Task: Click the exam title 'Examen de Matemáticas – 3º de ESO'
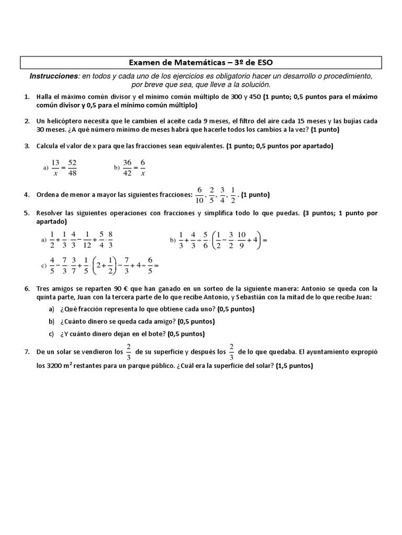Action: (x=201, y=63)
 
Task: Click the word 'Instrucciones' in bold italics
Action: (x=53, y=76)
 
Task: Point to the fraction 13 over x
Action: (x=55, y=167)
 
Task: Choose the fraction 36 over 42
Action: (x=127, y=167)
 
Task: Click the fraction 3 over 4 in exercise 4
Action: (x=222, y=195)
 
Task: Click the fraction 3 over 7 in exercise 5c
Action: (x=74, y=265)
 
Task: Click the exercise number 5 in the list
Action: (x=26, y=213)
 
